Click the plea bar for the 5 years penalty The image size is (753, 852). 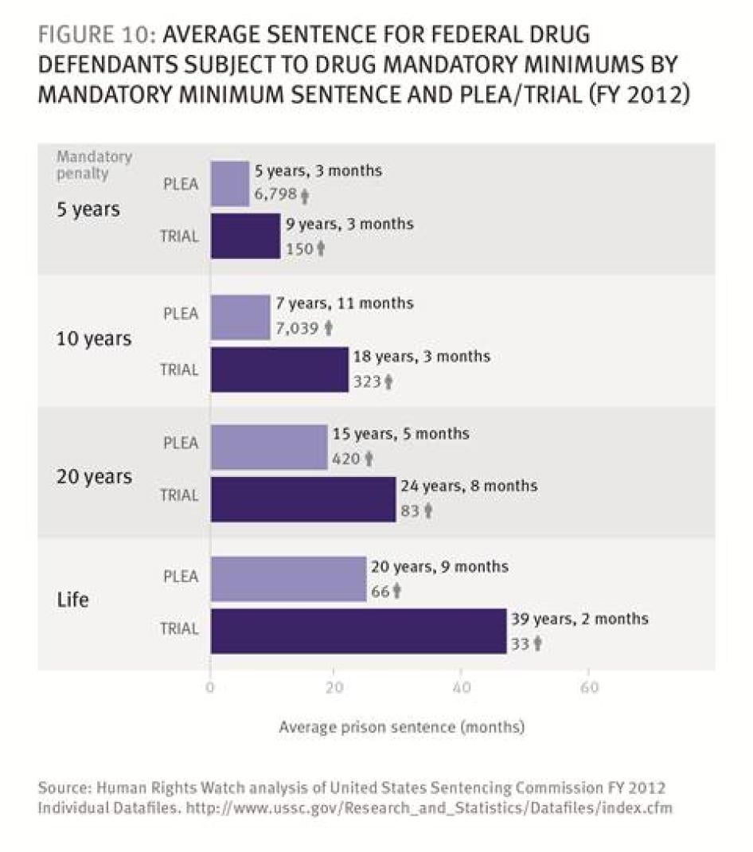(230, 183)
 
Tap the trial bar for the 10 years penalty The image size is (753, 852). (279, 369)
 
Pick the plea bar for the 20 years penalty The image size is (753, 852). (269, 447)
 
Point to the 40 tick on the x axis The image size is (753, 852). (461, 688)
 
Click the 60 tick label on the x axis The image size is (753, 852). (589, 688)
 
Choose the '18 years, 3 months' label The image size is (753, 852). (421, 357)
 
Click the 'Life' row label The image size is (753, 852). (73, 600)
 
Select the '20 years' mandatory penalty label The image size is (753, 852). (94, 477)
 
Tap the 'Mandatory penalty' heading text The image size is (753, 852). (94, 165)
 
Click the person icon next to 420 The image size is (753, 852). (369, 459)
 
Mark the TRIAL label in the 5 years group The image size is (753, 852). (179, 236)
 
